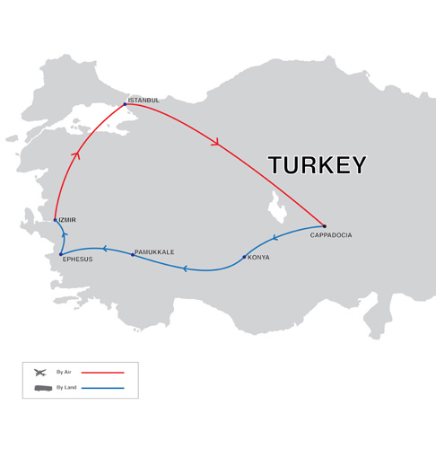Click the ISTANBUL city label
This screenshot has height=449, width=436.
144,100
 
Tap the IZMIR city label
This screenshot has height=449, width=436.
66,220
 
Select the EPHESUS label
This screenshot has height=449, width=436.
77,259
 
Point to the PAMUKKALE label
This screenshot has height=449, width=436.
154,252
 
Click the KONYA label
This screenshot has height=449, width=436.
258,258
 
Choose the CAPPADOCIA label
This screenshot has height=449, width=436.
331,235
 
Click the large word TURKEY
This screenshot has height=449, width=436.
318,165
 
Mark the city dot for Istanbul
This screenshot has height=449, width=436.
125,104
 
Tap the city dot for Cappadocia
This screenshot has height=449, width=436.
324,226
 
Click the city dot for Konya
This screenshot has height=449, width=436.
244,257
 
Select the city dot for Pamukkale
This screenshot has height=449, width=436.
133,255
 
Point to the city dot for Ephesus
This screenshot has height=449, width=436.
61,254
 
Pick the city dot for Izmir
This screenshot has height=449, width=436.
56,220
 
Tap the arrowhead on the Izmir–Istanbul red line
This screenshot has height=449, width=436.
76,155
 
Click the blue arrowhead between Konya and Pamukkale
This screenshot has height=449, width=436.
186,269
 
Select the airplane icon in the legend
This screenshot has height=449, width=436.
40,372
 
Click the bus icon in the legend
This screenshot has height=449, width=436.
41,388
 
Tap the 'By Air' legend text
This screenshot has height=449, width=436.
64,372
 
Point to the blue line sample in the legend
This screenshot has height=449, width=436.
102,388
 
